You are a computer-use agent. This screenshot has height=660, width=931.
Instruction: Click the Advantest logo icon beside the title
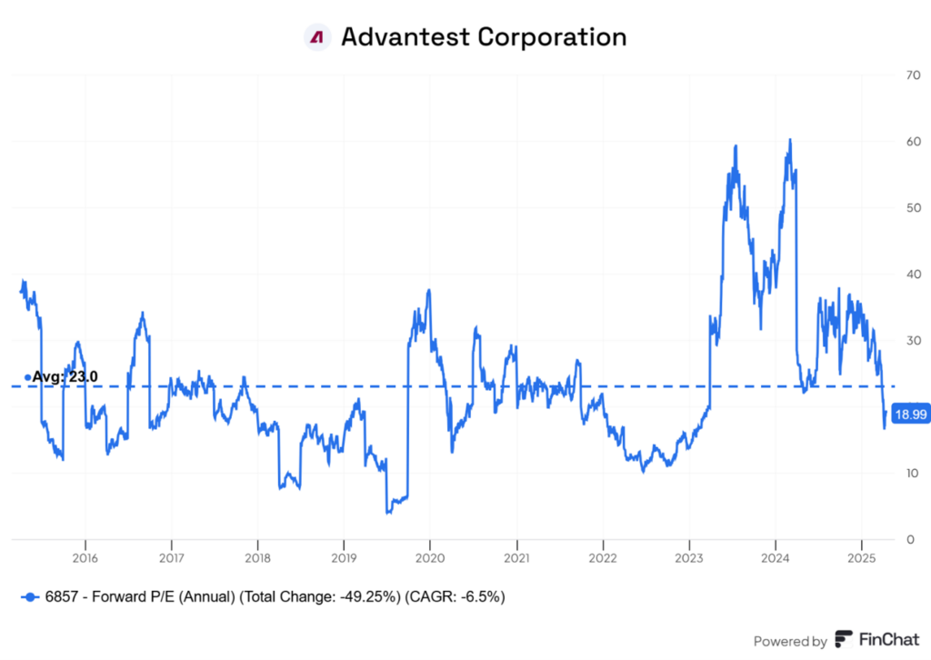pos(316,37)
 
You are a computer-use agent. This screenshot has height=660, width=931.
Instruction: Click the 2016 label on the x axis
pos(85,556)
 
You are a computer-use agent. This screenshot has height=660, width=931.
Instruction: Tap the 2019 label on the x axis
pos(343,556)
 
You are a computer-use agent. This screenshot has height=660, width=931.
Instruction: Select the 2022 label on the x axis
pos(603,556)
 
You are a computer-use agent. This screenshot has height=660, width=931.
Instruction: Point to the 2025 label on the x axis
pos(861,556)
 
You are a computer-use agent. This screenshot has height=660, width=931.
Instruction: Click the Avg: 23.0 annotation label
pos(64,376)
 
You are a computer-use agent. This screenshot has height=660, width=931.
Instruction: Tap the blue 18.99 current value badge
pos(910,415)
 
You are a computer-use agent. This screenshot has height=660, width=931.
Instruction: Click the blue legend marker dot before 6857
pos(31,597)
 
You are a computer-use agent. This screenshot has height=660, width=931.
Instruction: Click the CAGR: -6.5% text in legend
pos(455,597)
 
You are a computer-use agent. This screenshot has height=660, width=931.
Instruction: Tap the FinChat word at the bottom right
pos(884,640)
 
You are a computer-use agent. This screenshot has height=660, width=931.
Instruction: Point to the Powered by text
pos(790,641)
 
